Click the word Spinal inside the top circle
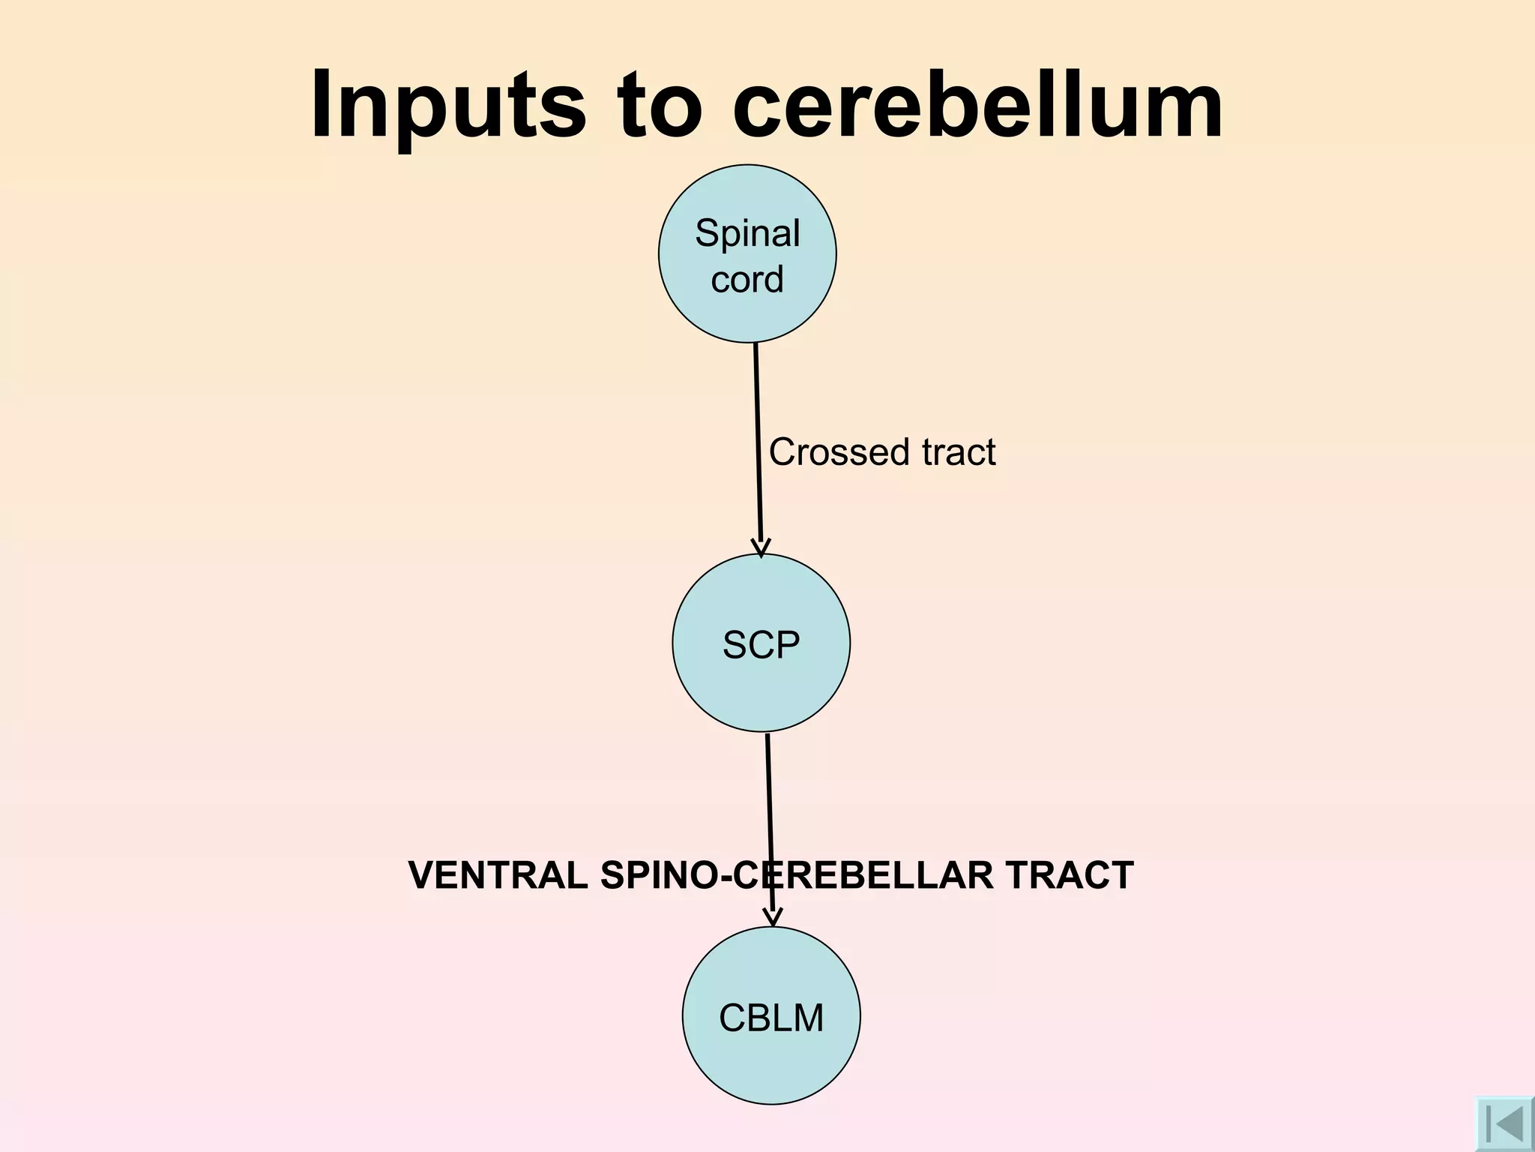pyautogui.click(x=747, y=233)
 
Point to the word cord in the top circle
pyautogui.click(x=747, y=279)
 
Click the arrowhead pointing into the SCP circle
pyautogui.click(x=761, y=548)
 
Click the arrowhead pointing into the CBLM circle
pyautogui.click(x=773, y=918)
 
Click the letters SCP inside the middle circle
pyautogui.click(x=762, y=644)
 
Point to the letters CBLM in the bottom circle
pyautogui.click(x=771, y=1018)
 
